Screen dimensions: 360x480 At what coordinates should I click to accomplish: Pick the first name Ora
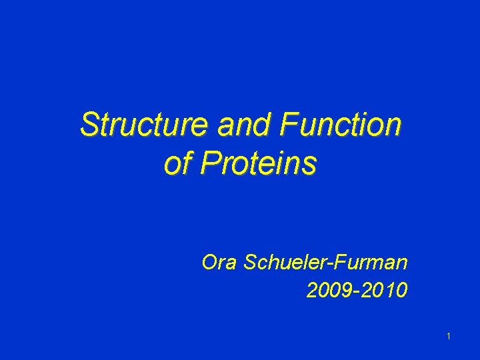[220, 263]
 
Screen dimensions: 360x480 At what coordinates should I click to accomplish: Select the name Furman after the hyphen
[374, 263]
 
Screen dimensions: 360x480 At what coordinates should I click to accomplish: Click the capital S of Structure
[89, 125]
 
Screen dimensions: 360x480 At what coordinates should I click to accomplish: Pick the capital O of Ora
[209, 263]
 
